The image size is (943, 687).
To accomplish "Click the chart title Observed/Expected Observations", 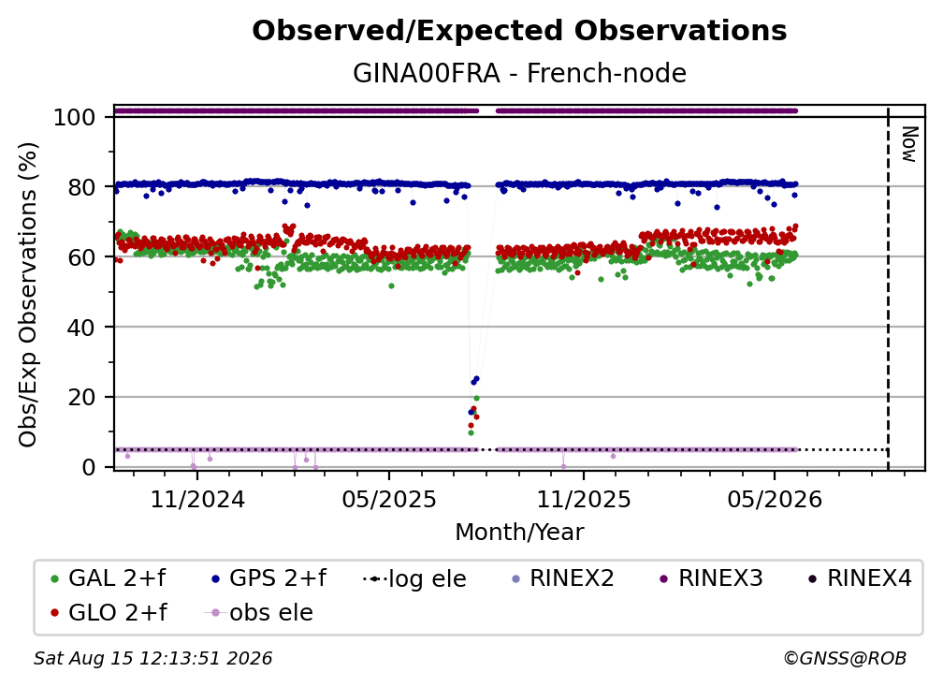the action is [x=519, y=31].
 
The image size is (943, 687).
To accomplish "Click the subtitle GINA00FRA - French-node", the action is [x=519, y=73].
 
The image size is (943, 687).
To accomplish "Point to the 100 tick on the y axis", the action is [x=74, y=117].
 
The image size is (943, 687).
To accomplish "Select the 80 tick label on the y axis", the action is [x=81, y=187].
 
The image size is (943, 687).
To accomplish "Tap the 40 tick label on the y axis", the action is [x=81, y=328].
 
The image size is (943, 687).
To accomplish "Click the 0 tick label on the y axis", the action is [x=89, y=467].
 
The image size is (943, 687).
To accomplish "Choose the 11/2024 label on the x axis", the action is [x=197, y=499].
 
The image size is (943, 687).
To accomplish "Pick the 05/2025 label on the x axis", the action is [x=389, y=499].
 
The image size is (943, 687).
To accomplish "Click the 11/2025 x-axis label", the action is [x=584, y=499].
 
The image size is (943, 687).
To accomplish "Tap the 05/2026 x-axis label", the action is [x=775, y=499].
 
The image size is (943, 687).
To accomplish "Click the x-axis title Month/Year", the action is [x=519, y=533].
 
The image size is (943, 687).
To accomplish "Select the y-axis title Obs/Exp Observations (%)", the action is [x=28, y=295].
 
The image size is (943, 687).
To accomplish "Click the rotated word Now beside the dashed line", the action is [x=908, y=144].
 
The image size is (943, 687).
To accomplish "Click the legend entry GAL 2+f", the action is [x=109, y=578].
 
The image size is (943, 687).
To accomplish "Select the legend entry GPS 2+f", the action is [x=268, y=578].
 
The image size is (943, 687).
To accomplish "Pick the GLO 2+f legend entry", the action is [x=109, y=612].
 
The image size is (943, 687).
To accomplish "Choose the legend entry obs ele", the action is [x=259, y=612].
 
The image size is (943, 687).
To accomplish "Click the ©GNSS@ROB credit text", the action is [x=845, y=658].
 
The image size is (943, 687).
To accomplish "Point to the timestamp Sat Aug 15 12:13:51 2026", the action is [x=152, y=658].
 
